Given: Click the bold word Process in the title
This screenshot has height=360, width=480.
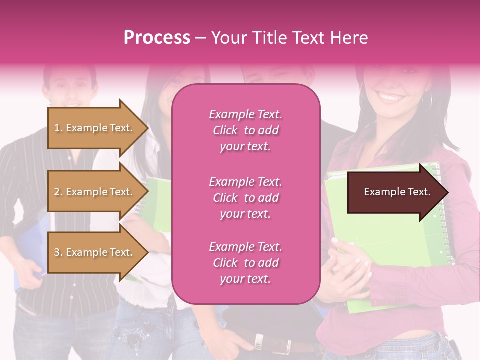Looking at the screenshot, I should [x=157, y=38].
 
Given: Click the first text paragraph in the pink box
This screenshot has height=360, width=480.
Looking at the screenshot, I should [x=245, y=130].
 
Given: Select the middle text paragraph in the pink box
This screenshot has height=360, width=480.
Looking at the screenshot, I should [x=245, y=198].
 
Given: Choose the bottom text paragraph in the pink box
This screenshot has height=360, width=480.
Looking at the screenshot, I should [x=245, y=263].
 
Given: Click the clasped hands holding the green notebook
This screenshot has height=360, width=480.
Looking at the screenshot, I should [x=350, y=260].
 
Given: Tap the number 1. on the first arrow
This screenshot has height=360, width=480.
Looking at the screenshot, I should [x=58, y=128].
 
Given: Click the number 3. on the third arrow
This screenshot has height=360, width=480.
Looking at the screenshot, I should [x=58, y=253].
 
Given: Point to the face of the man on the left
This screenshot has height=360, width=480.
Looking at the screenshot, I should [x=70, y=87].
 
